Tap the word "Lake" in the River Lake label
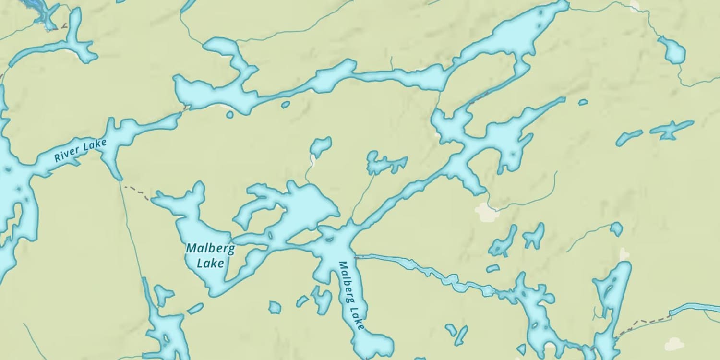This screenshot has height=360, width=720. coord(95,144)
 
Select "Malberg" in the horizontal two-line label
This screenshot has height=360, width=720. coord(210,249)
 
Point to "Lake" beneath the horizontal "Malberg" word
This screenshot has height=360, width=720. coord(210,263)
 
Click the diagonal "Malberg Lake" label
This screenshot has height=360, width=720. coord(351,296)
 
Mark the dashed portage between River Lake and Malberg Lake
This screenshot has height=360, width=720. coord(137,191)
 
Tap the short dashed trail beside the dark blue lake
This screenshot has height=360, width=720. coord(60,28)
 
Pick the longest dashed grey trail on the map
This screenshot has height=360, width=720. coord(643,322)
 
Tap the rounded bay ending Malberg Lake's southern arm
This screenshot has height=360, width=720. coord(373,345)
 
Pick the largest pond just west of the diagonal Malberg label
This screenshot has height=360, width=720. coord(322,300)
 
